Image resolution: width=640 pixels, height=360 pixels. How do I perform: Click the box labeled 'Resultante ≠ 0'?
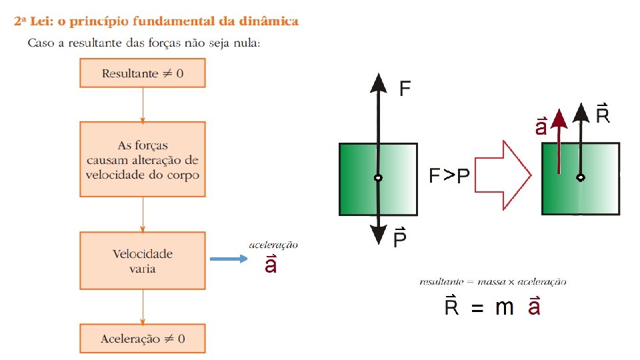pyautogui.click(x=143, y=73)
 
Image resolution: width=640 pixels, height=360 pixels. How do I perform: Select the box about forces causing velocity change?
pyautogui.click(x=143, y=159)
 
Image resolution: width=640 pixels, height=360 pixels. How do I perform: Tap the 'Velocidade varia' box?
pyautogui.click(x=143, y=261)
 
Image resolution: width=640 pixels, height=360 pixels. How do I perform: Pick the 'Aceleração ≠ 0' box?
pyautogui.click(x=143, y=339)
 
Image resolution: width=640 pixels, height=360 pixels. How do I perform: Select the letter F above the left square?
pyautogui.click(x=405, y=89)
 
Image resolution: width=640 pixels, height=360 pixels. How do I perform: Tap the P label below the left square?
pyautogui.click(x=400, y=238)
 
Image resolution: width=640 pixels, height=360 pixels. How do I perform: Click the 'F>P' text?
pyautogui.click(x=449, y=176)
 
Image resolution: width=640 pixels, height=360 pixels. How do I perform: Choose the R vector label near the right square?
pyautogui.click(x=603, y=115)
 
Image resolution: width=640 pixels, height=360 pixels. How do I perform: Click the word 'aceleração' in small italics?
pyautogui.click(x=273, y=245)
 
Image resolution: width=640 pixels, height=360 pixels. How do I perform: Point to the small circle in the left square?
pyautogui.click(x=378, y=179)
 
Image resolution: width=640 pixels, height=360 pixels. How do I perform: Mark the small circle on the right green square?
pyautogui.click(x=581, y=178)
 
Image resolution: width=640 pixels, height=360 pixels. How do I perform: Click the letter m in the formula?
pyautogui.click(x=504, y=307)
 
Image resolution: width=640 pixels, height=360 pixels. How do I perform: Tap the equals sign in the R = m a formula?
pyautogui.click(x=477, y=309)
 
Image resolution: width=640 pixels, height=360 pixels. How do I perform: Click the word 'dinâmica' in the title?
pyautogui.click(x=269, y=21)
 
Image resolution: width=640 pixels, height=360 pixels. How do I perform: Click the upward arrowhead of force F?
pyautogui.click(x=379, y=82)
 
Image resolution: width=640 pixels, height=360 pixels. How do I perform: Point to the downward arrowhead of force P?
pyautogui.click(x=379, y=234)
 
